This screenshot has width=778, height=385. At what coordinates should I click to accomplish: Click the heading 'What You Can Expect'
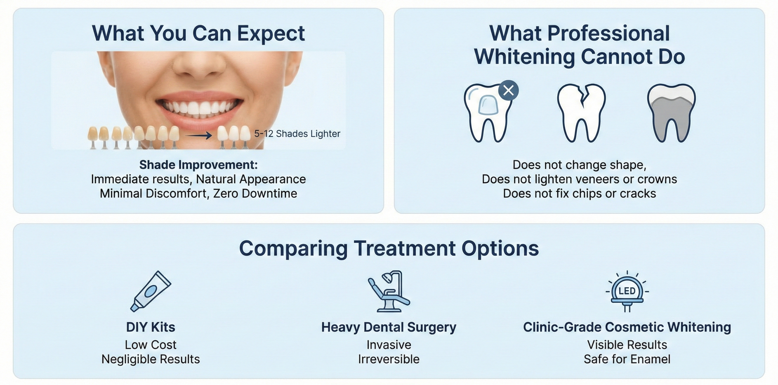point(198,33)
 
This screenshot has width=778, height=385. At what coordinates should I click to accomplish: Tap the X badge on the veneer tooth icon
point(509,90)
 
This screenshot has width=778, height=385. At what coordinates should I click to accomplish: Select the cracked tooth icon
point(581,113)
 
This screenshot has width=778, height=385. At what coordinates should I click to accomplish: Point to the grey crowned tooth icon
point(671,113)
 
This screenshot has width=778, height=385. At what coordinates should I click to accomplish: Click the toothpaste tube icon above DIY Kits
point(151,291)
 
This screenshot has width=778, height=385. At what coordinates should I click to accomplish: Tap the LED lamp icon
point(627,291)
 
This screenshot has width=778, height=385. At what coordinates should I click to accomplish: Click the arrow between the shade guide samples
point(198,135)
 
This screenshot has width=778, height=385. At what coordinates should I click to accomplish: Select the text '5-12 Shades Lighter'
point(297,133)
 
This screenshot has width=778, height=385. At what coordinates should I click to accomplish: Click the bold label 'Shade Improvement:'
point(198,165)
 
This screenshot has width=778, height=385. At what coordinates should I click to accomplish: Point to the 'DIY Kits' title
point(151,327)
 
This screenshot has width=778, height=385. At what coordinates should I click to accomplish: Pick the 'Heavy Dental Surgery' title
point(389,327)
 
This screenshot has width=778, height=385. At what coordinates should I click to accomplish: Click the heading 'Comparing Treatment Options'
point(389,248)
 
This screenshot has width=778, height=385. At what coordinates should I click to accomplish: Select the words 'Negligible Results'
point(151,359)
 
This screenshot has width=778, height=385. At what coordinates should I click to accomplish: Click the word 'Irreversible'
point(389,359)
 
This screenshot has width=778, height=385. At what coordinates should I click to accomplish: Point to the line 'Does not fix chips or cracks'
point(579,194)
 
